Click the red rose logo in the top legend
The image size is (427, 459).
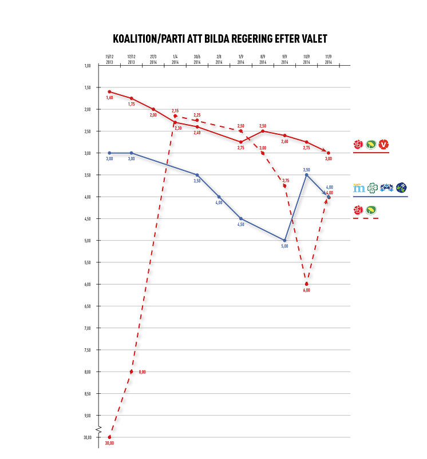358,145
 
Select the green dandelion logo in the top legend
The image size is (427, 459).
371,145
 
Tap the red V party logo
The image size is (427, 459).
384,145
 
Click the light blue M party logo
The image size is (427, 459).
358,187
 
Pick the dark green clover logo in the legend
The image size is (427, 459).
372,187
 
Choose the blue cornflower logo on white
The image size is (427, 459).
386,187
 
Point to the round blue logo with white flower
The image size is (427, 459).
401,187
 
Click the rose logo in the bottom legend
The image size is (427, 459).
358,211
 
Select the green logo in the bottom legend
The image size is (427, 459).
371,211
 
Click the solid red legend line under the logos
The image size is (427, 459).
371,153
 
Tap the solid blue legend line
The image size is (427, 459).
380,197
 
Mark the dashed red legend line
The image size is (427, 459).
366,219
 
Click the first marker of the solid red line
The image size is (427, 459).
109,91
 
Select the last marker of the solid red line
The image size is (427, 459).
329,153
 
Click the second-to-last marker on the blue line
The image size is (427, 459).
306,170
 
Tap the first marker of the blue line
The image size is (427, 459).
109,153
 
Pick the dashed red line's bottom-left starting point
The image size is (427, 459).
109,437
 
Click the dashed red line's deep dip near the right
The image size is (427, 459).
307,284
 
